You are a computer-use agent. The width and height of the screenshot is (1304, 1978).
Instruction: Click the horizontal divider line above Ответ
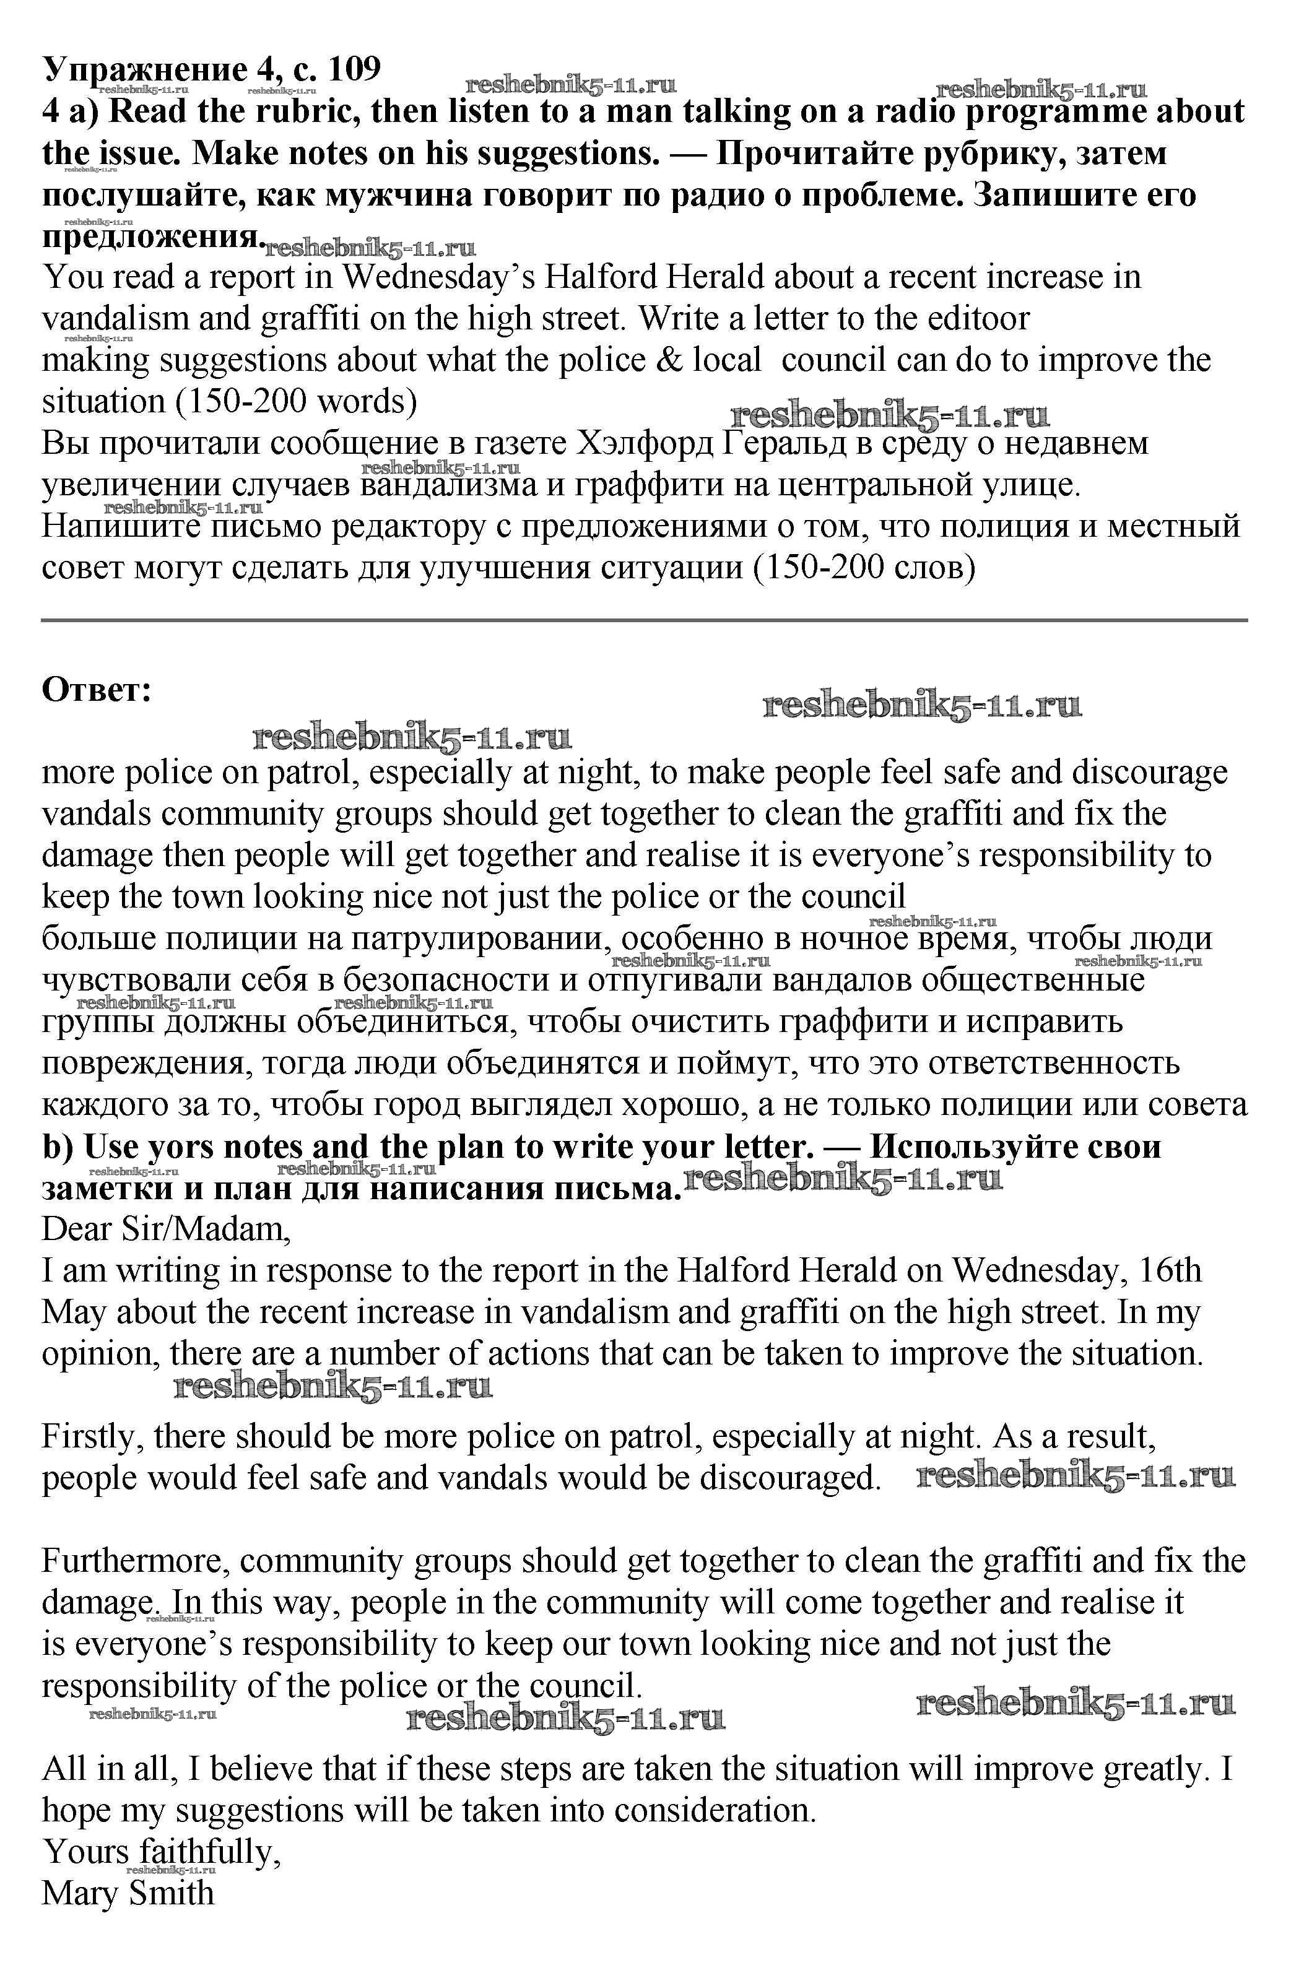click(x=645, y=620)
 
